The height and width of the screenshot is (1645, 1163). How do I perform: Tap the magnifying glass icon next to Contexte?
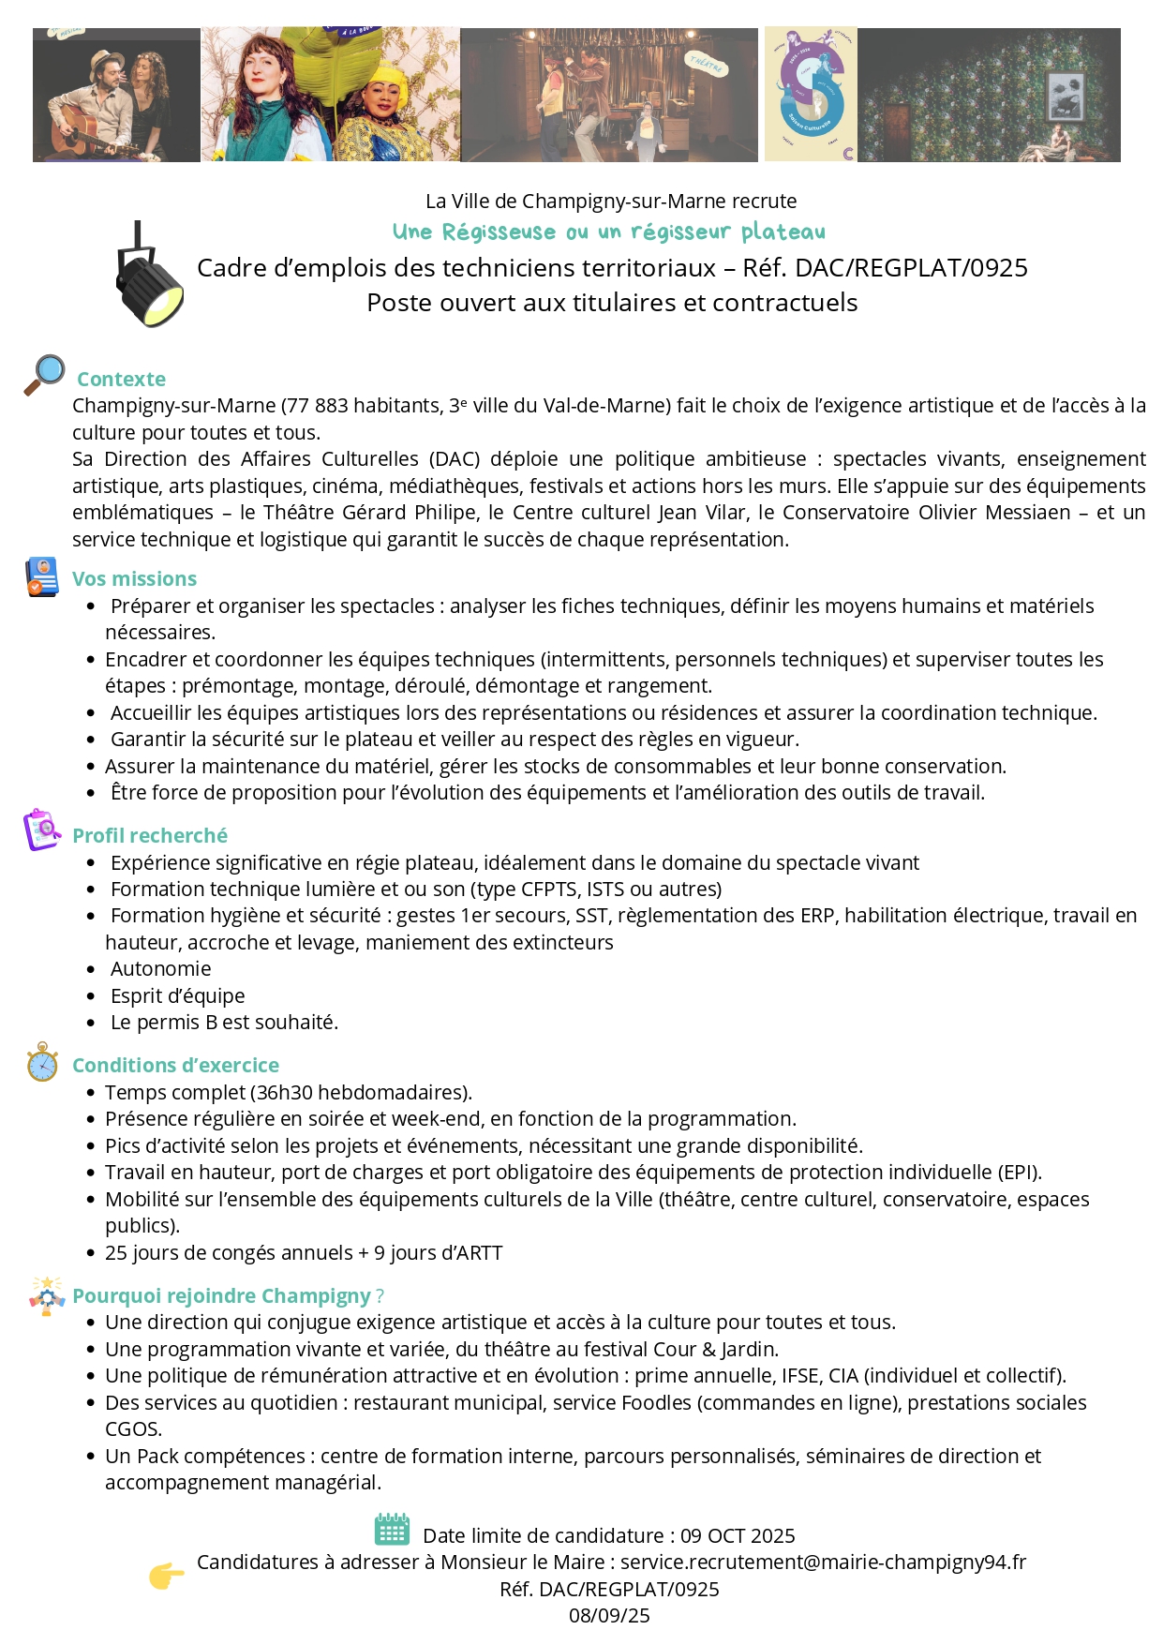point(44,374)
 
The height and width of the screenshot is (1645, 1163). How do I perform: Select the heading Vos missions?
point(134,579)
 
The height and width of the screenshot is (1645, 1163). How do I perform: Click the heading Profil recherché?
point(150,836)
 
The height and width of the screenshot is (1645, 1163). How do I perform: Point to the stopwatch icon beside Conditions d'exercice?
point(42,1063)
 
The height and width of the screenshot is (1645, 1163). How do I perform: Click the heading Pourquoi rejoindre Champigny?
point(221,1296)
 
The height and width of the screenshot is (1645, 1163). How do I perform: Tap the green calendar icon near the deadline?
point(392,1529)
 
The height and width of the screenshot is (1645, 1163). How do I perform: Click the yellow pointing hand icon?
point(166,1576)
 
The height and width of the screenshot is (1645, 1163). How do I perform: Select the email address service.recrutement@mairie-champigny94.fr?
point(823,1563)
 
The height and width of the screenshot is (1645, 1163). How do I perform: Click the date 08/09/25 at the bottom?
point(609,1616)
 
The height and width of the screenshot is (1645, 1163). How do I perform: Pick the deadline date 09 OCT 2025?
point(738,1536)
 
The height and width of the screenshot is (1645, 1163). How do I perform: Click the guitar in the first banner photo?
point(79,132)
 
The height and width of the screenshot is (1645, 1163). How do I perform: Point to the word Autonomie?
point(161,969)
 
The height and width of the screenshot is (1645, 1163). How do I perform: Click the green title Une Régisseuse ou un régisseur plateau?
point(609,232)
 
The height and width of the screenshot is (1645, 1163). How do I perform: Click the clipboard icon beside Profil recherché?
point(42,830)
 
